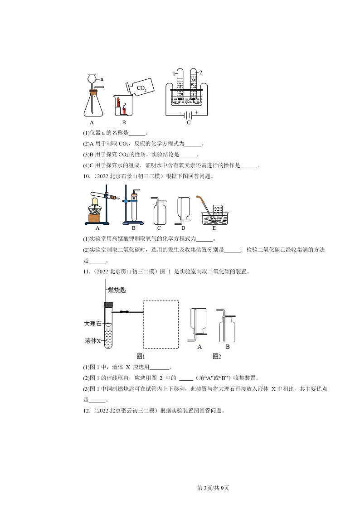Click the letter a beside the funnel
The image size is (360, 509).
point(102,79)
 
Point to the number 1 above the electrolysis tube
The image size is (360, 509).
point(174,73)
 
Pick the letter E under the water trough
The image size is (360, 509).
point(214,228)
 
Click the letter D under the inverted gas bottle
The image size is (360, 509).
point(183,228)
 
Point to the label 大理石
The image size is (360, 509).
point(92,324)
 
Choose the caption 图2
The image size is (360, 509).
point(217,356)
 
